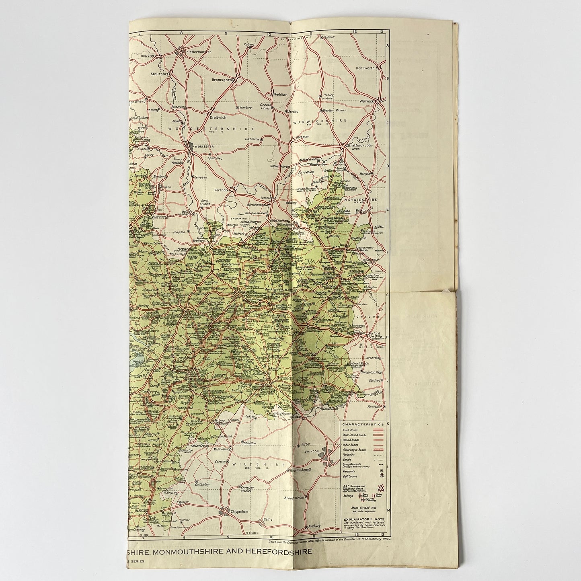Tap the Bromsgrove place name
click(x=223, y=80)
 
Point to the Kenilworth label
click(x=365, y=68)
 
